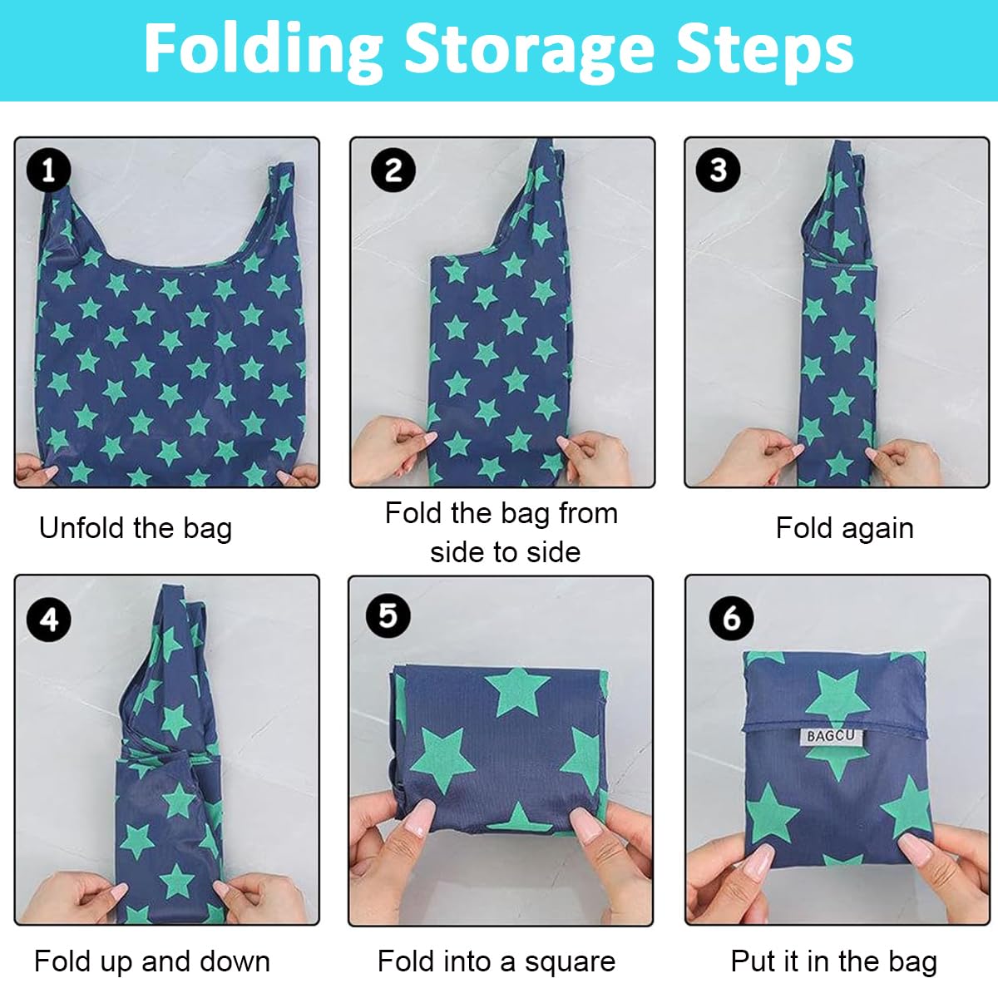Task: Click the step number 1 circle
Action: [48, 170]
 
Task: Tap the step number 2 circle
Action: [393, 170]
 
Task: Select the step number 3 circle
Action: [718, 170]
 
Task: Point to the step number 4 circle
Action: [48, 620]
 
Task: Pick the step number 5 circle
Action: [388, 616]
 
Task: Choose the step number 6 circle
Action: [731, 618]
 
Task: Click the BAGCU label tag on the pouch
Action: [830, 736]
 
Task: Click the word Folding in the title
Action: [264, 50]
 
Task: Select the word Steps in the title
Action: [765, 50]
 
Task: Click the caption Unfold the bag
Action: [136, 528]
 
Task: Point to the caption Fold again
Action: [844, 528]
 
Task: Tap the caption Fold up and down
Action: [152, 961]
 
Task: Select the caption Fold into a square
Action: [497, 961]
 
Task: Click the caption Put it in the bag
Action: [834, 961]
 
